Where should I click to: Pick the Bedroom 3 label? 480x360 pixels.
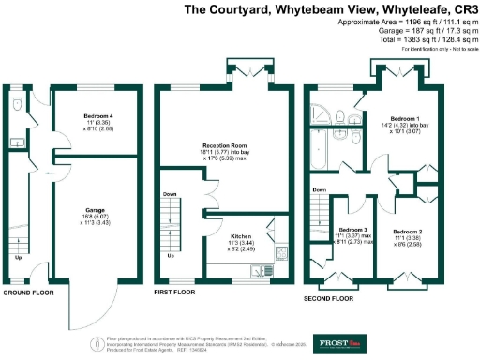click(x=352, y=230)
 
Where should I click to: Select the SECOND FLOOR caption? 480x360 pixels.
click(x=329, y=298)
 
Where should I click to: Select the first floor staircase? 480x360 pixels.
click(x=172, y=225)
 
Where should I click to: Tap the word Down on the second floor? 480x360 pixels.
click(x=319, y=189)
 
